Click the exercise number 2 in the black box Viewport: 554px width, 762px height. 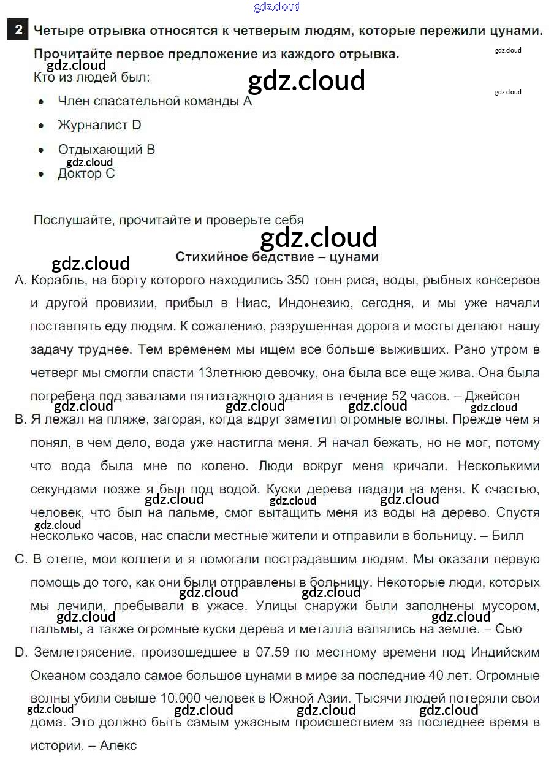tap(19, 30)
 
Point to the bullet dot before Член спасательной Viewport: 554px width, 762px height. tap(41, 102)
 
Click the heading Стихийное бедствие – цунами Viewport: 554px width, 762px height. tap(277, 257)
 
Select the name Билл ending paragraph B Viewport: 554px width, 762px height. tap(507, 536)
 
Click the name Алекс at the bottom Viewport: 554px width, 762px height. tap(118, 745)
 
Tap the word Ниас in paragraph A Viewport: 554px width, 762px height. tap(258, 303)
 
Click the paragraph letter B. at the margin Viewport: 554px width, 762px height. tap(20, 420)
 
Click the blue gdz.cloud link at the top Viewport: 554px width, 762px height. tap(277, 7)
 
